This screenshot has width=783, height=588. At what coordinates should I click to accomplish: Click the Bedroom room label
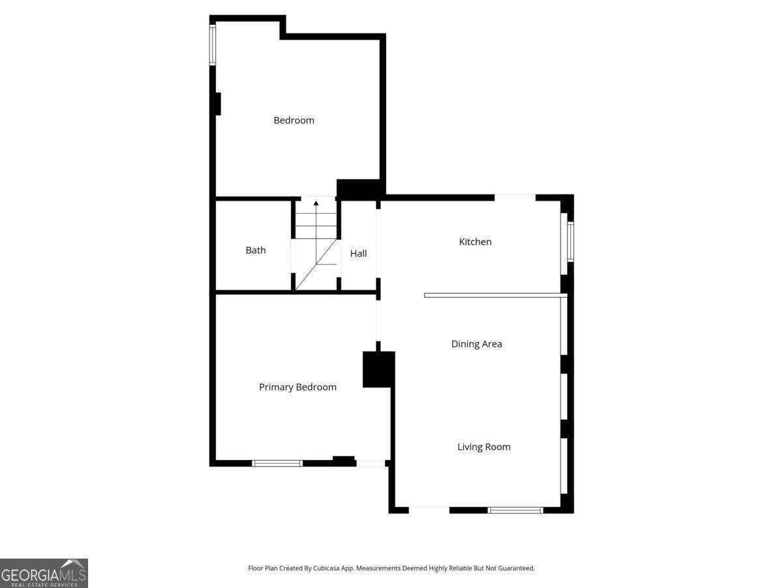[x=294, y=120]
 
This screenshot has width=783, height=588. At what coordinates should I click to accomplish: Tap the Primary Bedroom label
[x=298, y=387]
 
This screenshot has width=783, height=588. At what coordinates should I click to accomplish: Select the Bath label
[x=255, y=250]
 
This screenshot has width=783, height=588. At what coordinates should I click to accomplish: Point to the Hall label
[x=358, y=253]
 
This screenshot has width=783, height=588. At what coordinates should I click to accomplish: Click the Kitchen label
[x=475, y=242]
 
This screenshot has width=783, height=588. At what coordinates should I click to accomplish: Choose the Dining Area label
[x=476, y=344]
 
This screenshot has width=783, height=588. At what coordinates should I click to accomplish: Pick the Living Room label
[x=484, y=447]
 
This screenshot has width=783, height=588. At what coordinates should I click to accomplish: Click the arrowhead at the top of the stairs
[x=316, y=203]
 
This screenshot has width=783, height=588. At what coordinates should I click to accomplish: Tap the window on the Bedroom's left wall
[x=213, y=45]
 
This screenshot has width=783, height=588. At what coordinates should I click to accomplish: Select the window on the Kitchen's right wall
[x=570, y=241]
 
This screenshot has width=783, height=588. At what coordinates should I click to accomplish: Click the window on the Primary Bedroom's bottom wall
[x=277, y=463]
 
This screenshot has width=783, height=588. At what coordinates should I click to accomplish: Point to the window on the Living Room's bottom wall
[x=515, y=510]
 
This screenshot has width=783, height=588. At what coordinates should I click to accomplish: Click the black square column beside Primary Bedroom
[x=378, y=369]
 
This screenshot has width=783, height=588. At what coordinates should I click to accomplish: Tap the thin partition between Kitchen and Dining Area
[x=495, y=295]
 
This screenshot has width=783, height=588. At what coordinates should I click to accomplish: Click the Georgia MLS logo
[x=44, y=573]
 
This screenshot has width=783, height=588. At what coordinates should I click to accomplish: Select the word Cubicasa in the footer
[x=326, y=568]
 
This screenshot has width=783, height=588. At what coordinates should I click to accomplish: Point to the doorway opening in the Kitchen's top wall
[x=515, y=197]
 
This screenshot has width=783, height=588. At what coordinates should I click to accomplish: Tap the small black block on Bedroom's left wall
[x=217, y=104]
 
